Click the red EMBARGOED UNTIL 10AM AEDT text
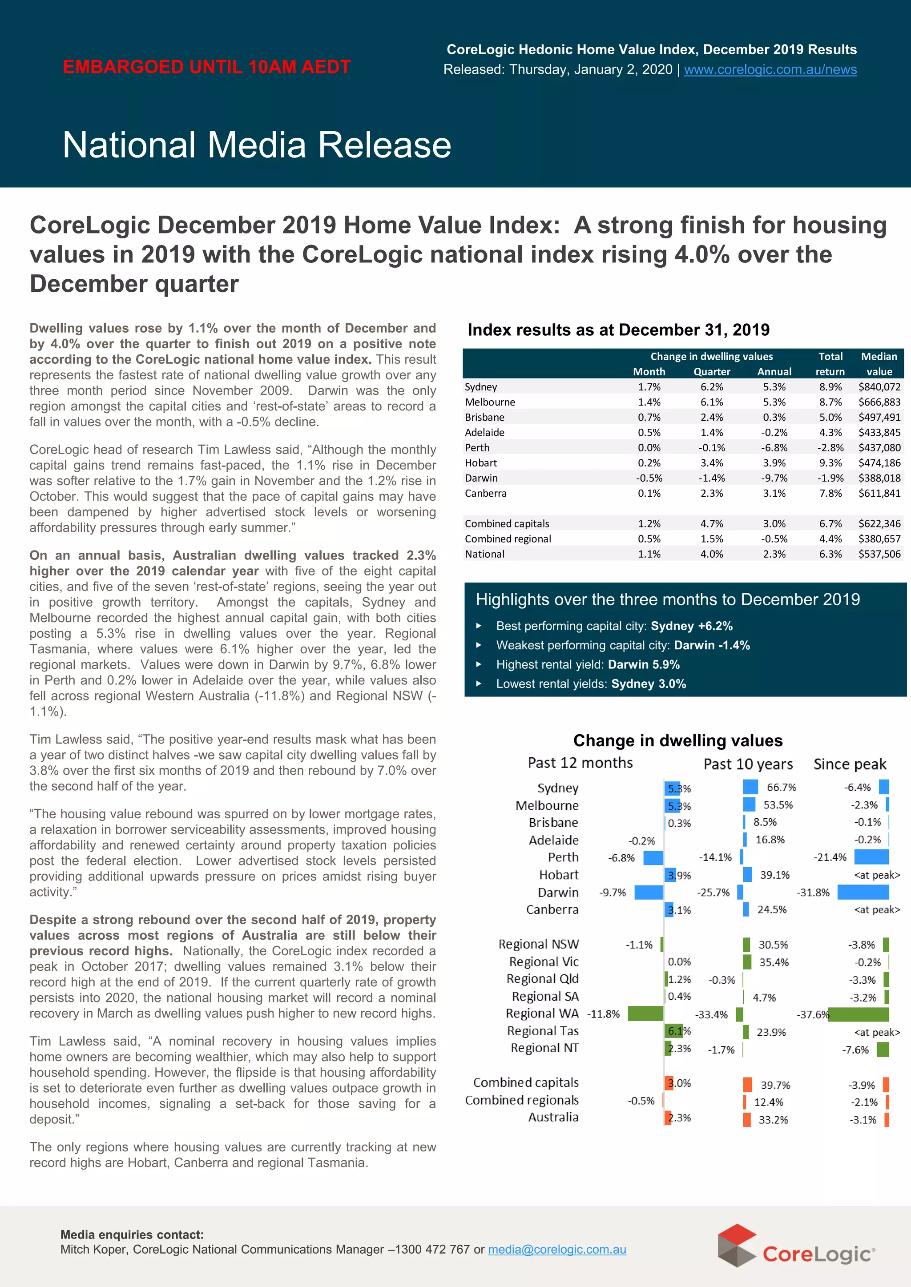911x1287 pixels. pyautogui.click(x=206, y=67)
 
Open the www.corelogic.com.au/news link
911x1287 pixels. pyautogui.click(x=770, y=69)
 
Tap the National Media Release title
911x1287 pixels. pyautogui.click(x=257, y=145)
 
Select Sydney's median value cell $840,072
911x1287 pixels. pyautogui.click(x=879, y=387)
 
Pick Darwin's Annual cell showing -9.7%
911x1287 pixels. pyautogui.click(x=774, y=478)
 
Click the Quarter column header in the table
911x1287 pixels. pyautogui.click(x=711, y=371)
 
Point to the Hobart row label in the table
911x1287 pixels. pyautogui.click(x=481, y=463)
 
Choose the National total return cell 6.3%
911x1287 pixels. pyautogui.click(x=830, y=554)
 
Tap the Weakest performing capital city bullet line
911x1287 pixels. pyautogui.click(x=623, y=645)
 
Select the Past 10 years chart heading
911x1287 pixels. pyautogui.click(x=748, y=764)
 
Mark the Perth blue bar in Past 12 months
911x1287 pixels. pyautogui.click(x=653, y=857)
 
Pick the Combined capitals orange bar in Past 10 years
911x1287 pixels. pyautogui.click(x=747, y=1085)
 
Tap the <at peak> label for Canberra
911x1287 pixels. pyautogui.click(x=877, y=909)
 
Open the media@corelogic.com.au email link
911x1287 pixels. pyautogui.click(x=556, y=1250)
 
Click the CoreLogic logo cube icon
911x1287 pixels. pyautogui.click(x=737, y=1244)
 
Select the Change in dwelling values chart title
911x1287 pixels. pyautogui.click(x=677, y=740)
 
